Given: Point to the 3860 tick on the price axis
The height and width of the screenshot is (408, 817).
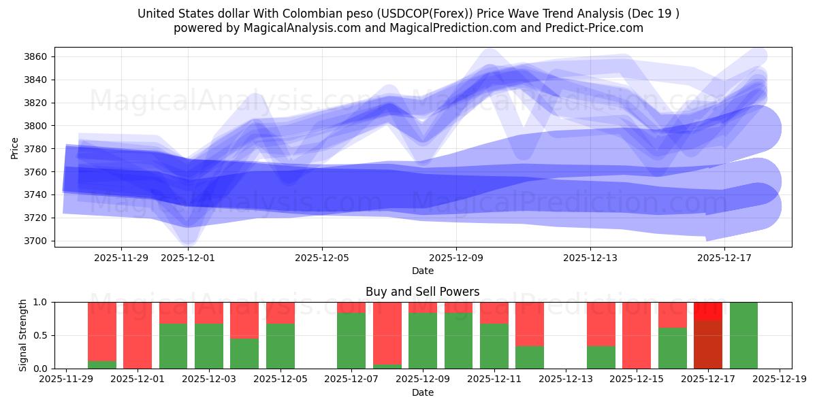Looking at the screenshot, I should pyautogui.click(x=37, y=56).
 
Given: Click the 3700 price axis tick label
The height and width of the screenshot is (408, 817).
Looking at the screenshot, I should pyautogui.click(x=37, y=241).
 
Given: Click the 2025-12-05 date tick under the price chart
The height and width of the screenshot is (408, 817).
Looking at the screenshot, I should pyautogui.click(x=322, y=258).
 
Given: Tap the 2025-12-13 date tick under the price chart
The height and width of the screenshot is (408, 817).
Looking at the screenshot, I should pyautogui.click(x=590, y=258).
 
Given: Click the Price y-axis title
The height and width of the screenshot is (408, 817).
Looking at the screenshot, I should pyautogui.click(x=15, y=147).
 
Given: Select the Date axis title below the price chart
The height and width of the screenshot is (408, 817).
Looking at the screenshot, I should pyautogui.click(x=423, y=271).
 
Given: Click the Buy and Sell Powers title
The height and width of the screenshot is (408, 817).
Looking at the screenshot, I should pyautogui.click(x=423, y=292).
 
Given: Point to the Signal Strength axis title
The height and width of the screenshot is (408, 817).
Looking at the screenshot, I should pyautogui.click(x=22, y=335).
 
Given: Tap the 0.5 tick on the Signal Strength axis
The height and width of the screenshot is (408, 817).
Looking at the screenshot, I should pyautogui.click(x=41, y=335).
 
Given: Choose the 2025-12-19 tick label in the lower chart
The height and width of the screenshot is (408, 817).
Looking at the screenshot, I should pyautogui.click(x=779, y=379).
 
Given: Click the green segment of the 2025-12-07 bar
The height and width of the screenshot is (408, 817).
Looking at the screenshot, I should pyautogui.click(x=351, y=341).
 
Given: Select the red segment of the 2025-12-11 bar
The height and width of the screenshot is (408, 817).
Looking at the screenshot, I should pyautogui.click(x=494, y=313).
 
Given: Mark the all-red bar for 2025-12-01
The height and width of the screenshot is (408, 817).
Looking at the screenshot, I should pyautogui.click(x=138, y=335).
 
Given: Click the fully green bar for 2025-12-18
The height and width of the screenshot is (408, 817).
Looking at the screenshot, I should pyautogui.click(x=743, y=335).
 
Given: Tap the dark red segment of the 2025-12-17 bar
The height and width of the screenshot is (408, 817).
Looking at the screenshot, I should pyautogui.click(x=708, y=344).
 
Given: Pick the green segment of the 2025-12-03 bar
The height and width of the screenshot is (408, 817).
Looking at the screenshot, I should pyautogui.click(x=209, y=346).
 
